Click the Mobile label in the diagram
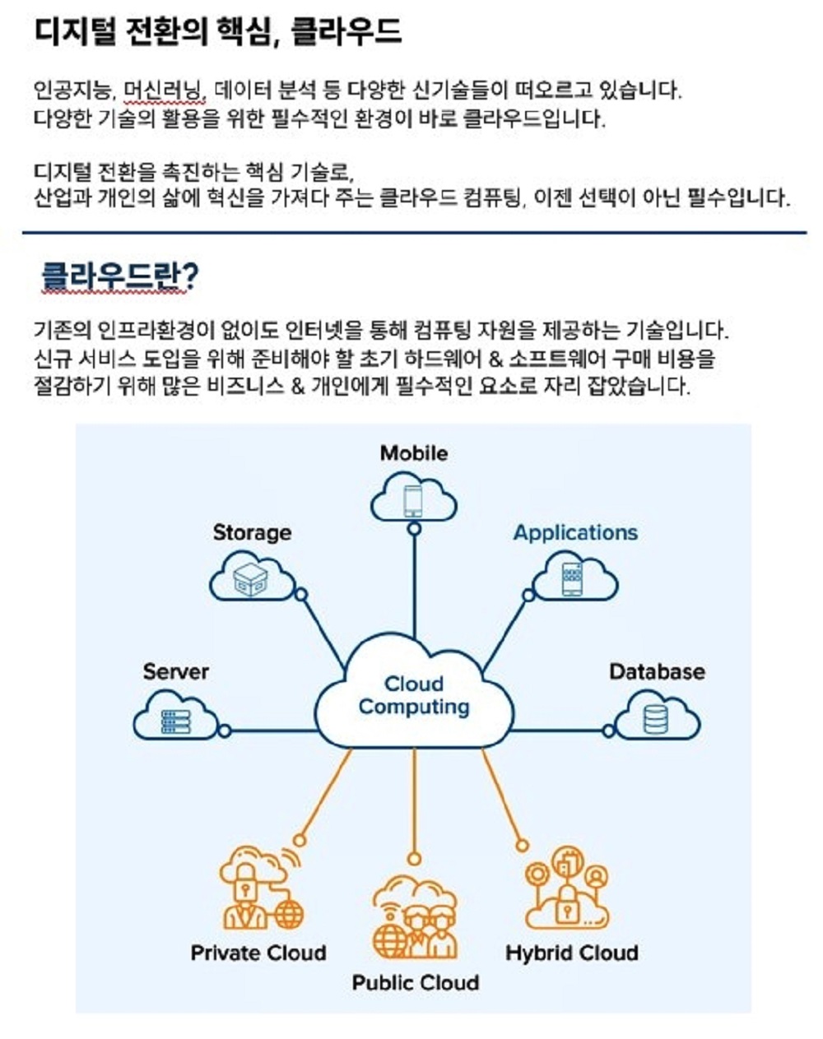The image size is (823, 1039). click(x=414, y=453)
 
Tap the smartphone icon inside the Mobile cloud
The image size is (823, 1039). click(x=413, y=500)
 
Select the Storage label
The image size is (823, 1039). click(x=252, y=533)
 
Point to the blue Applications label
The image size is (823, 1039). click(x=575, y=533)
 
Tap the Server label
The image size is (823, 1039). click(x=175, y=672)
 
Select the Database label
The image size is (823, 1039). click(x=657, y=672)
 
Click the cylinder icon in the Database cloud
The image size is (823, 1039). click(x=656, y=720)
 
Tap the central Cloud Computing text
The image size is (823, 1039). click(x=414, y=696)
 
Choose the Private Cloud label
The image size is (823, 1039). click(x=258, y=953)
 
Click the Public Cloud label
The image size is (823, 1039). click(x=415, y=983)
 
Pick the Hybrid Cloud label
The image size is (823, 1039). click(x=572, y=953)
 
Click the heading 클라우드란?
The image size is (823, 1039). click(x=120, y=276)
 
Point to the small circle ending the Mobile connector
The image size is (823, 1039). click(x=415, y=529)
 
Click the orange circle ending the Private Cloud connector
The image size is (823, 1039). click(x=300, y=840)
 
